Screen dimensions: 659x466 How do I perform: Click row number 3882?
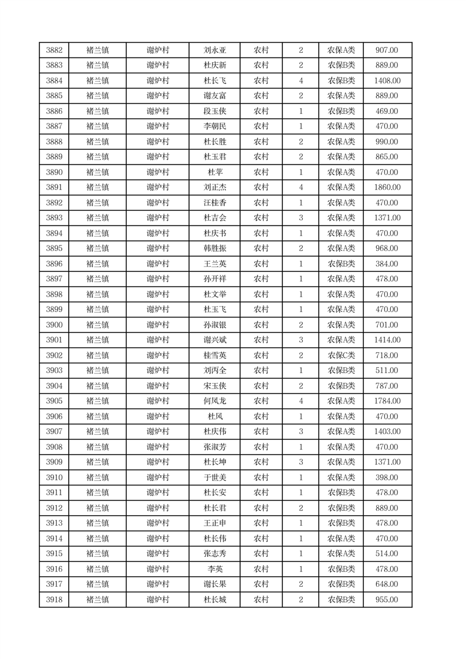(54, 51)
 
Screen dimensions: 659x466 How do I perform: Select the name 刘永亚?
(214, 51)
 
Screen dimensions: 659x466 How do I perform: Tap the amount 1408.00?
(387, 81)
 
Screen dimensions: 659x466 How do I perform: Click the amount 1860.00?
(387, 188)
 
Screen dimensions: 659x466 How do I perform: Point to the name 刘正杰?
(214, 188)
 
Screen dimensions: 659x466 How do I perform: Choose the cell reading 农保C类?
(341, 356)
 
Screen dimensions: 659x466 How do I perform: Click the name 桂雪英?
(214, 356)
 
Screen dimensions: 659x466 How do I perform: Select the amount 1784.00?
(387, 402)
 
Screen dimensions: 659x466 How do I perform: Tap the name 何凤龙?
(214, 402)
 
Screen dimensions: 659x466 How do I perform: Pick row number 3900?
(54, 325)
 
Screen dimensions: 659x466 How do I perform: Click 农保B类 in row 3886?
(341, 112)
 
